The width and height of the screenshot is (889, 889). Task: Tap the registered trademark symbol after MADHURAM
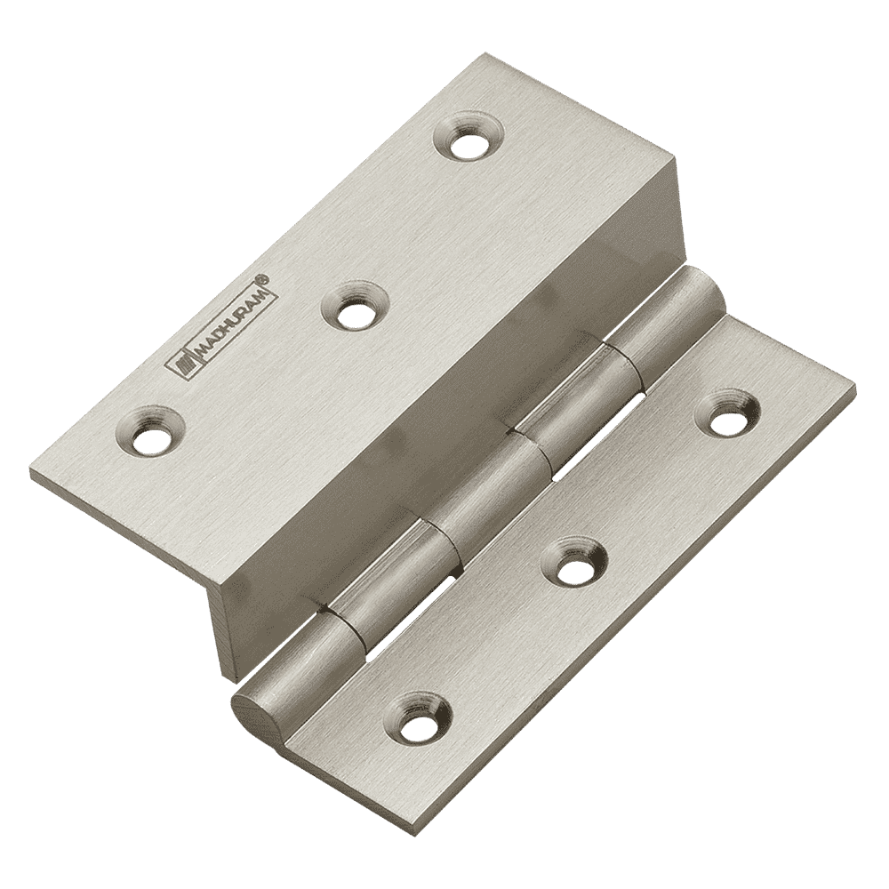click(x=263, y=278)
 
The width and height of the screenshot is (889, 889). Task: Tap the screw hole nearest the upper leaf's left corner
click(x=149, y=429)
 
